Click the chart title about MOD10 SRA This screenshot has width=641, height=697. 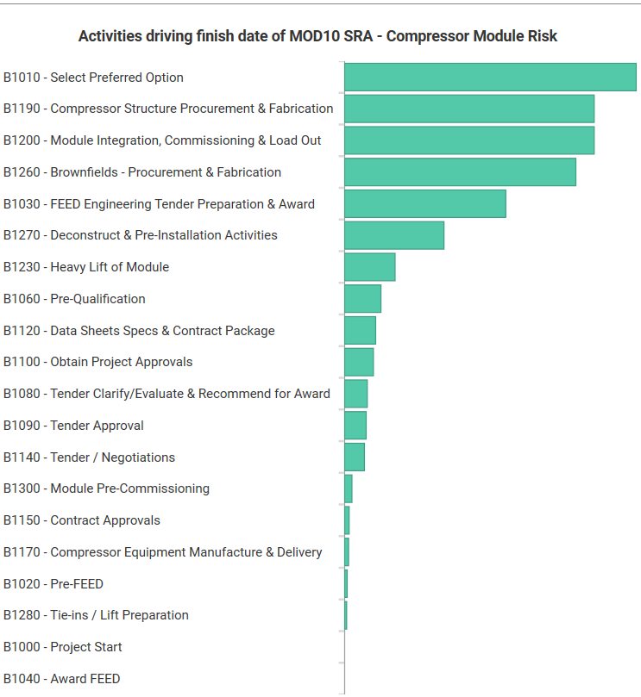point(317,36)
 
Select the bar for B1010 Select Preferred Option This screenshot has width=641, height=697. point(490,78)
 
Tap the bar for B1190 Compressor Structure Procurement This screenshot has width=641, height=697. point(469,109)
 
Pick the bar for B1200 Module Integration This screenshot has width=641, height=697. point(469,140)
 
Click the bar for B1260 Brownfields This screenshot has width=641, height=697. point(460,172)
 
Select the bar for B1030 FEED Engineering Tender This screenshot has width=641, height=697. point(424,204)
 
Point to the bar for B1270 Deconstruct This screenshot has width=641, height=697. point(394,235)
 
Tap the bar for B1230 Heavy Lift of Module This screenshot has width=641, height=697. point(369,267)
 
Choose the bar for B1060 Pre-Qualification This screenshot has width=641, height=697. point(362,299)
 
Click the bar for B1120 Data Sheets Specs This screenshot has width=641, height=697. point(360,331)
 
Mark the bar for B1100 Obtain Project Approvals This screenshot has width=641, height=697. point(359,362)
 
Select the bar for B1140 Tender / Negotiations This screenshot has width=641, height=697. point(355,457)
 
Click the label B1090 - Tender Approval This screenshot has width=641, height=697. point(73,426)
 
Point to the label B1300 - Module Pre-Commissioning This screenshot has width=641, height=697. point(106,489)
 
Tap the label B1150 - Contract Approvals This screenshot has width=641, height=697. point(82,520)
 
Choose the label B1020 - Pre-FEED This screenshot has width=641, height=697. point(53,584)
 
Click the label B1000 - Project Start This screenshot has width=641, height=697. point(63,647)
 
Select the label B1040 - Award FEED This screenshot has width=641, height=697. point(62,679)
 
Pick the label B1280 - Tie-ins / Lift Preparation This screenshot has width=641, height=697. point(96,615)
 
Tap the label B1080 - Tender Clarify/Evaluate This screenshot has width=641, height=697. point(167,394)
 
